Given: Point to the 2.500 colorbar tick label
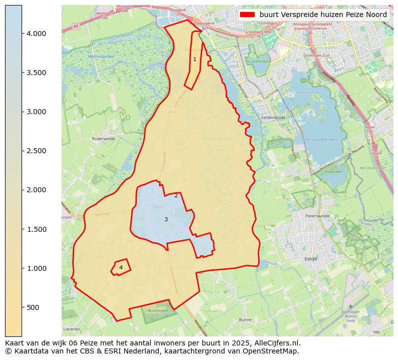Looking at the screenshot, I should (x=36, y=151).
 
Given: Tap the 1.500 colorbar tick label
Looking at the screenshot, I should (x=36, y=229).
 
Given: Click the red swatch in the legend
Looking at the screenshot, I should (x=248, y=15).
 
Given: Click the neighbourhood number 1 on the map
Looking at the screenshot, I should (x=194, y=60).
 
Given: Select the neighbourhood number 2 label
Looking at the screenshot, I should (x=176, y=195).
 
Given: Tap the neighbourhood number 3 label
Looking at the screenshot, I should (x=166, y=219).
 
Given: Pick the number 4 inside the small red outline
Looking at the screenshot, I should (x=121, y=267).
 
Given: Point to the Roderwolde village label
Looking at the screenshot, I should (x=104, y=139).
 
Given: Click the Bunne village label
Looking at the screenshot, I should (x=245, y=319).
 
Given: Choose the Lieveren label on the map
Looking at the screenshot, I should (x=72, y=329).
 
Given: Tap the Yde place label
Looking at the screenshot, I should (x=376, y=331).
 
